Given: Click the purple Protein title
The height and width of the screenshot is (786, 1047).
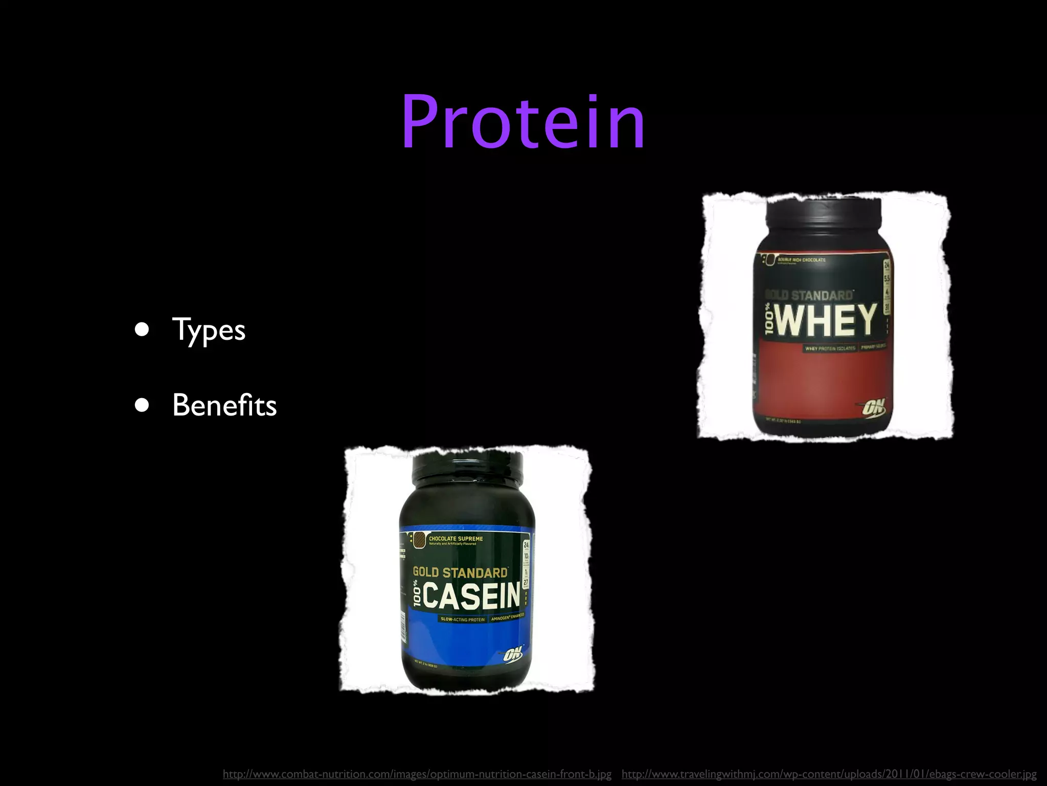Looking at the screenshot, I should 523,123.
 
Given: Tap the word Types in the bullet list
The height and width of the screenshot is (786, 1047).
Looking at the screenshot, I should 209,330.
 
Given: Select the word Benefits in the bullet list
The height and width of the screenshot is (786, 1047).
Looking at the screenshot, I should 224,405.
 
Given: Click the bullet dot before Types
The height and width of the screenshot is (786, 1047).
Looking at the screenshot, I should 142,330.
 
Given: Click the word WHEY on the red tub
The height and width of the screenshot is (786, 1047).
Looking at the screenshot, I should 826,320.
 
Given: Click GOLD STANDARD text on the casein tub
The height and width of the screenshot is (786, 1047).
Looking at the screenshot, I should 460,572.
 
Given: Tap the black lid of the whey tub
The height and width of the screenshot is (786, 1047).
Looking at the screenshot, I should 824,215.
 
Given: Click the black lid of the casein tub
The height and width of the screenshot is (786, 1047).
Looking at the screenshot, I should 467,468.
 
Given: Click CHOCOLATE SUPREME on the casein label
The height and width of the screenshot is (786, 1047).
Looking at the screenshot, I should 455,539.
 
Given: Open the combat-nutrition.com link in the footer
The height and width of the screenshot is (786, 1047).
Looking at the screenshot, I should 417,774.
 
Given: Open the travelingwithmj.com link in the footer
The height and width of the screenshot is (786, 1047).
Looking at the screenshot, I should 829,774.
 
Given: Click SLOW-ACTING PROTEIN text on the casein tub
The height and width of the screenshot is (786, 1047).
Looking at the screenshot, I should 463,620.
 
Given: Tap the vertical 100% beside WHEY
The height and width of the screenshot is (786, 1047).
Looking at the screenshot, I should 769,320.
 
